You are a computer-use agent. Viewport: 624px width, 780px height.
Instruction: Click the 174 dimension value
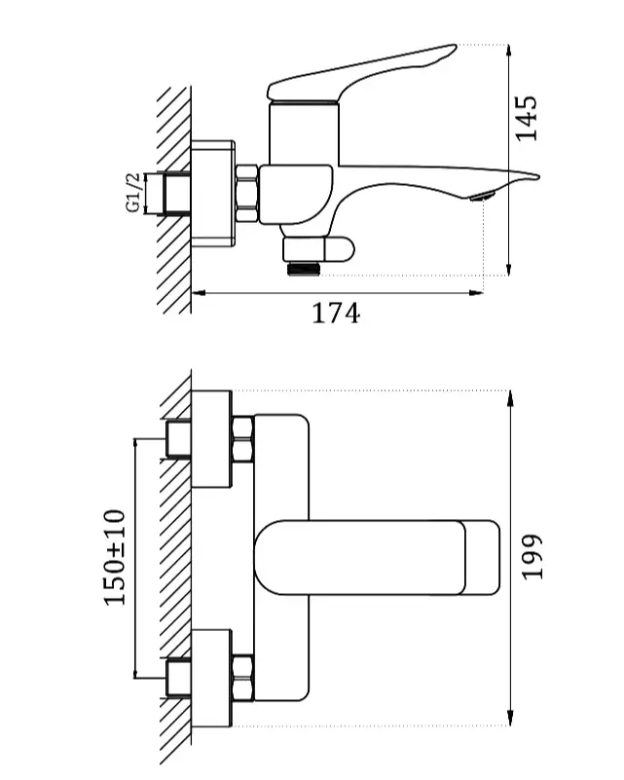(336, 313)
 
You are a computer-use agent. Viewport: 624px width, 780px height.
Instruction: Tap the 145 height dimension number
(526, 119)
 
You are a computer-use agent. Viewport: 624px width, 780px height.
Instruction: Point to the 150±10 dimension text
(114, 557)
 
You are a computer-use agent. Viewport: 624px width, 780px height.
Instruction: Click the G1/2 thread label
(132, 193)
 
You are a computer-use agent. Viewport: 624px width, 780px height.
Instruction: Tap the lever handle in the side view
(361, 72)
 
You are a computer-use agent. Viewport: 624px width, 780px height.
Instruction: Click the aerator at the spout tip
(482, 197)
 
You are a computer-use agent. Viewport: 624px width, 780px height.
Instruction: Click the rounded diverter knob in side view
(339, 249)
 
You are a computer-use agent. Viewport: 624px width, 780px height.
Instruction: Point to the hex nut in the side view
(246, 193)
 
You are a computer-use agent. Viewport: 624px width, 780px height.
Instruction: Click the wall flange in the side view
(213, 194)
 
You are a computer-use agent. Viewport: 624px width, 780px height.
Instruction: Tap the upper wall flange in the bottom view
(211, 439)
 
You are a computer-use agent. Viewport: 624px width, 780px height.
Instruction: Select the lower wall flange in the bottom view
(211, 678)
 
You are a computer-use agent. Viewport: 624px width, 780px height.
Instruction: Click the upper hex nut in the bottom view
(242, 438)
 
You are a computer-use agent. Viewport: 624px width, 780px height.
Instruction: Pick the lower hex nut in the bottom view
(242, 678)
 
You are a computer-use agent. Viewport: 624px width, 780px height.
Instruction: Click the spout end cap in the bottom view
(482, 558)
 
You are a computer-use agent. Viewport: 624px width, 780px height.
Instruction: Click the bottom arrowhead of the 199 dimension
(510, 719)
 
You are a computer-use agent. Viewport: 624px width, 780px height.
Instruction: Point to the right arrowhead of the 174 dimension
(476, 293)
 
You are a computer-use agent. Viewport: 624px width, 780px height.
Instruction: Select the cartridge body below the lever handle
(304, 133)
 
